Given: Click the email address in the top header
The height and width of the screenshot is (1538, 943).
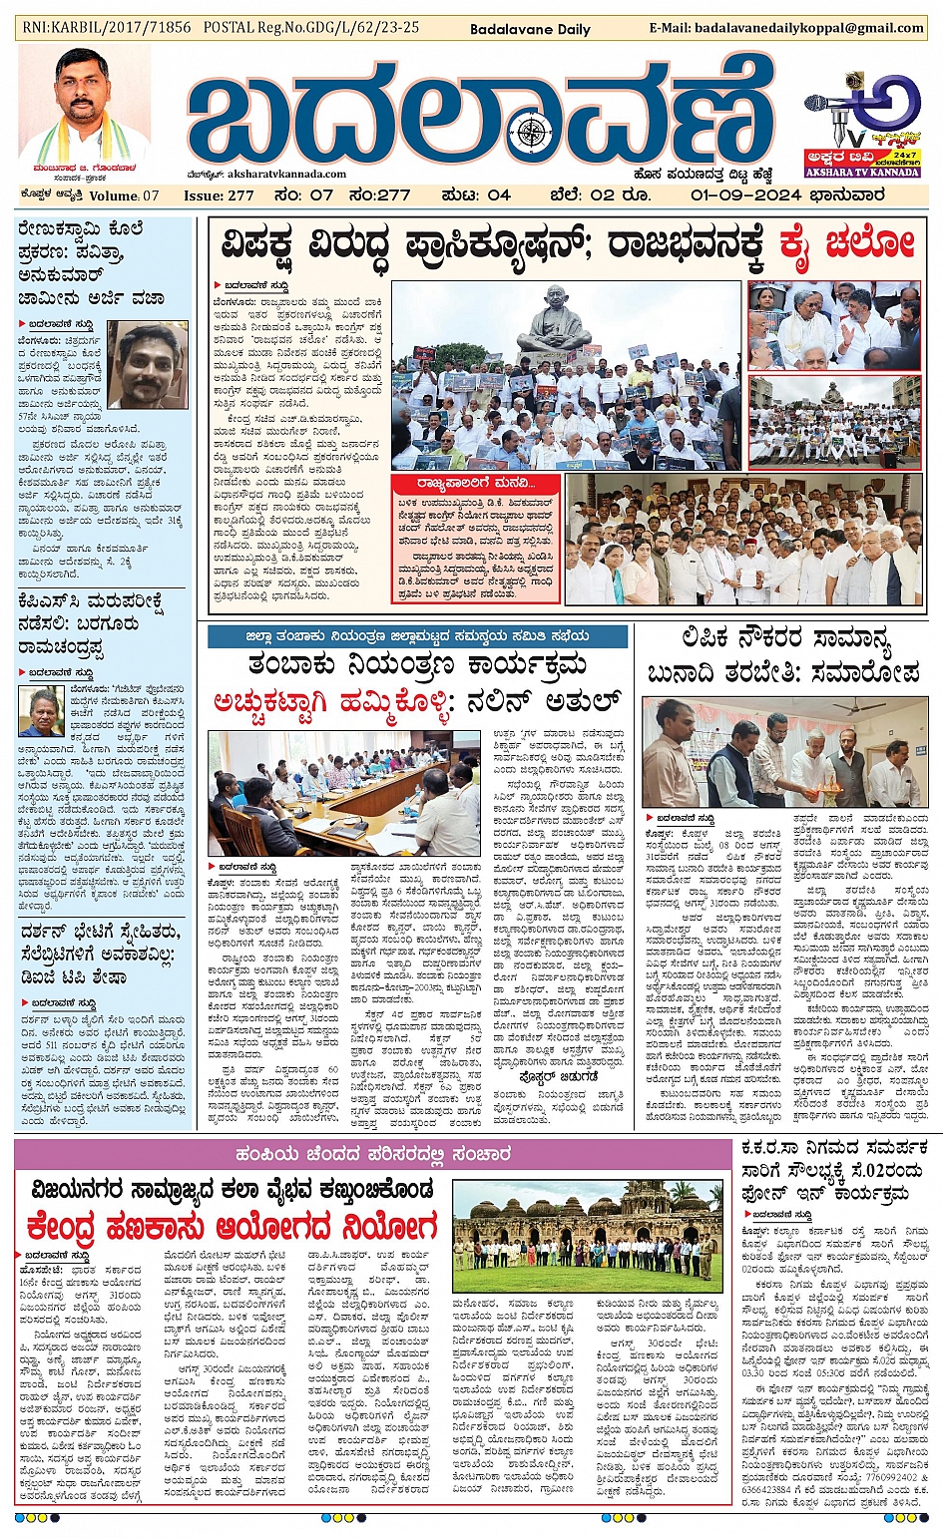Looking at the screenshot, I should (x=786, y=28).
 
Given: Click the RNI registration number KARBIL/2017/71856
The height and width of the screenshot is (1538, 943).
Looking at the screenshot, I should (x=106, y=28).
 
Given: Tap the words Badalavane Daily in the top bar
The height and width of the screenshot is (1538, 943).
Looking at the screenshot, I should (x=530, y=29).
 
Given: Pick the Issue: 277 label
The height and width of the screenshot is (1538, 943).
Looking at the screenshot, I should (x=219, y=195).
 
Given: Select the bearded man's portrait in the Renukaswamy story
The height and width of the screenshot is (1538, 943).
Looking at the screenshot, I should (x=147, y=364).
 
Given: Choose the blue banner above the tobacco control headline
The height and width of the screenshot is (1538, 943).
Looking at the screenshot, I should (x=418, y=635).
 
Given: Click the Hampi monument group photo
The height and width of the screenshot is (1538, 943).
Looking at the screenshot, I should (x=588, y=1237).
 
